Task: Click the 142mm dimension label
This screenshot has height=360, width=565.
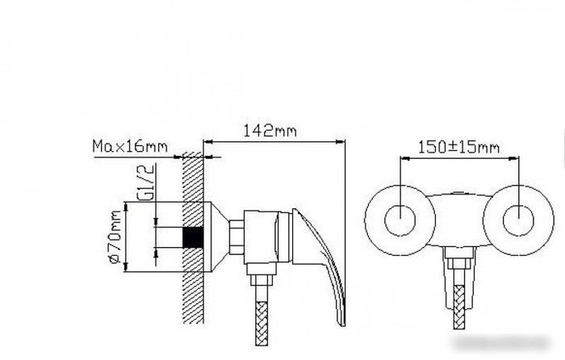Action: pos(270,131)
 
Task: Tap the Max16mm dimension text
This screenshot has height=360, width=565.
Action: pos(130,146)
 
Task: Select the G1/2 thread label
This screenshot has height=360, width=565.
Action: pos(146,182)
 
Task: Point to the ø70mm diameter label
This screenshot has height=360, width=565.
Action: pos(115,237)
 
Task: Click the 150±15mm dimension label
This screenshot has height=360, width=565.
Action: pos(458,147)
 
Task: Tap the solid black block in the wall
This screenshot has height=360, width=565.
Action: pos(193,237)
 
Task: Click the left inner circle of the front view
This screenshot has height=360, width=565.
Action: pos(400,220)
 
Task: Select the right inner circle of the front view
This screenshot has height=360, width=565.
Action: pos(518,220)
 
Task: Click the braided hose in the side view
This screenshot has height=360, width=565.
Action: pos(262,324)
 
